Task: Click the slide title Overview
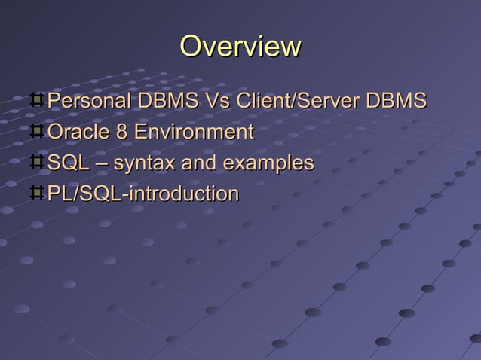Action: pos(240,47)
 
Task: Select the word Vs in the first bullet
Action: pos(210,101)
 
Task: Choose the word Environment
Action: pos(193,132)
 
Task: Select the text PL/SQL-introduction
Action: pos(142,194)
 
